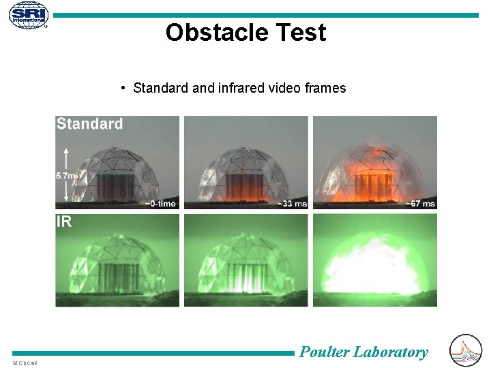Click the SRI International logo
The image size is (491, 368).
click(29, 15)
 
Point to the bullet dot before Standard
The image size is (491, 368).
click(121, 88)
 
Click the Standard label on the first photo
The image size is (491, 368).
click(89, 124)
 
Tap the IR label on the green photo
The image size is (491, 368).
click(63, 221)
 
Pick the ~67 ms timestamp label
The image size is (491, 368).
click(420, 203)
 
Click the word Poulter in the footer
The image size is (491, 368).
click(324, 352)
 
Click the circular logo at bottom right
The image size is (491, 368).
click(466, 350)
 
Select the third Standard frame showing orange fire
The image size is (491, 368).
click(374, 162)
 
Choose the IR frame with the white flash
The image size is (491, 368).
click(374, 260)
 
